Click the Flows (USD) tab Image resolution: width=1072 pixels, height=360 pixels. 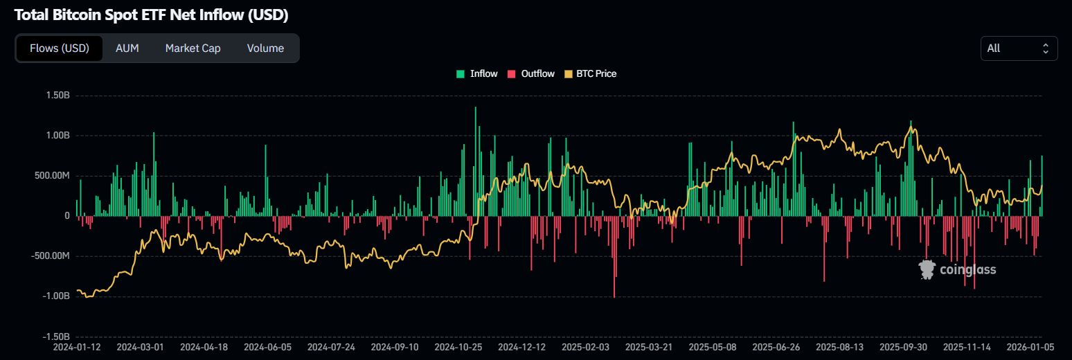[x=60, y=48]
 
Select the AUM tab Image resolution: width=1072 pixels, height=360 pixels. [x=127, y=48]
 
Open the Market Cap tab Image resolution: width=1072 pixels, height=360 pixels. [x=193, y=48]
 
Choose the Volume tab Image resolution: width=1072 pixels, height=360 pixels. [x=265, y=48]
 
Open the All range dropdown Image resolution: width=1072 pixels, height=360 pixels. [x=1019, y=48]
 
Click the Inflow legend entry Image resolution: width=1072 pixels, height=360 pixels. [x=477, y=73]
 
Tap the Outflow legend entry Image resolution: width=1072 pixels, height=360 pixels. [x=531, y=73]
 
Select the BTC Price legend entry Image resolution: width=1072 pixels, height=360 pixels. [x=591, y=73]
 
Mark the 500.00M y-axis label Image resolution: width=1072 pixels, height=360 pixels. [x=50, y=176]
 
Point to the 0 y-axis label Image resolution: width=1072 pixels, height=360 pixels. [x=66, y=216]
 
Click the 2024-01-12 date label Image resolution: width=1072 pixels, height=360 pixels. [x=77, y=347]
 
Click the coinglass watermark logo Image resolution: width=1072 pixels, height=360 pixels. [x=958, y=269]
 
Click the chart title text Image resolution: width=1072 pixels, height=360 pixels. [x=151, y=15]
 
